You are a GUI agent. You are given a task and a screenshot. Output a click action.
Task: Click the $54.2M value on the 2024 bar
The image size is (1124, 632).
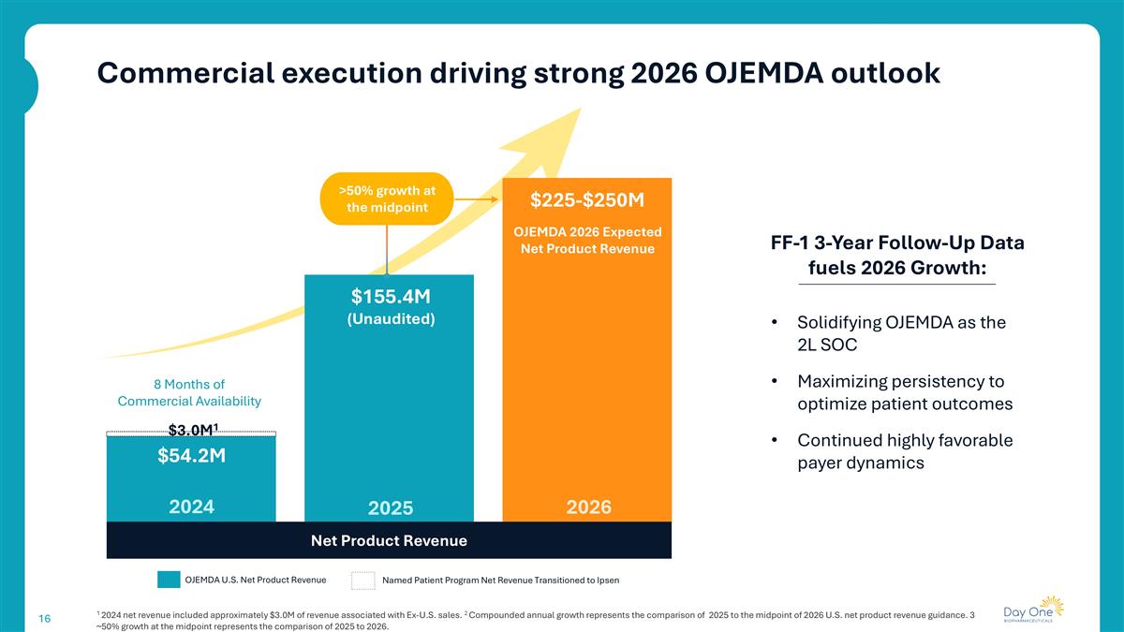(191, 456)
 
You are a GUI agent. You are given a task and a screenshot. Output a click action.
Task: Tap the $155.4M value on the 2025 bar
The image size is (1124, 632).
(391, 297)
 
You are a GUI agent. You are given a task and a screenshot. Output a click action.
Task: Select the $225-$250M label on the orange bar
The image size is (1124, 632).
(587, 199)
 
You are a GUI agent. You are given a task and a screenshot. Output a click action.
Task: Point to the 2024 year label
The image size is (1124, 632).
(191, 507)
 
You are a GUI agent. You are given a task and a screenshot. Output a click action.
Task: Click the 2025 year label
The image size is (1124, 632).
(391, 508)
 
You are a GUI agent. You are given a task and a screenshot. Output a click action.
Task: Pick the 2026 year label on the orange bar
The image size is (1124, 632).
(589, 507)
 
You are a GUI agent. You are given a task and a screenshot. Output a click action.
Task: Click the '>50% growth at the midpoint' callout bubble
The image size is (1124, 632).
(386, 198)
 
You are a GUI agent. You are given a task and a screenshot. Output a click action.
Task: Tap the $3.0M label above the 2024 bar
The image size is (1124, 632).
(193, 430)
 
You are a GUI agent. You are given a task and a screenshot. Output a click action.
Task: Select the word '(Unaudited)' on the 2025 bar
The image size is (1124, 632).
(391, 319)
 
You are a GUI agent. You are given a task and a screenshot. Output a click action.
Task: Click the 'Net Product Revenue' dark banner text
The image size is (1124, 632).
(389, 540)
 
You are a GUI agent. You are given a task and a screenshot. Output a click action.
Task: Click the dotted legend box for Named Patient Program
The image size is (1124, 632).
(362, 581)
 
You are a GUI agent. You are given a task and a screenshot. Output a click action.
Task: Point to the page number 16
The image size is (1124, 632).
(44, 619)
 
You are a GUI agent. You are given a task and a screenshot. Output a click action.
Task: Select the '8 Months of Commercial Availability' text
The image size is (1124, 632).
(189, 392)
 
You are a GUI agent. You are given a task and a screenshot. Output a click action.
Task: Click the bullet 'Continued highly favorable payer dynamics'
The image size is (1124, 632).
(904, 451)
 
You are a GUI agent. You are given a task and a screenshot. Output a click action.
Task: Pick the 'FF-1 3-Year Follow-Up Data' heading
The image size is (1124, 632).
(896, 243)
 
